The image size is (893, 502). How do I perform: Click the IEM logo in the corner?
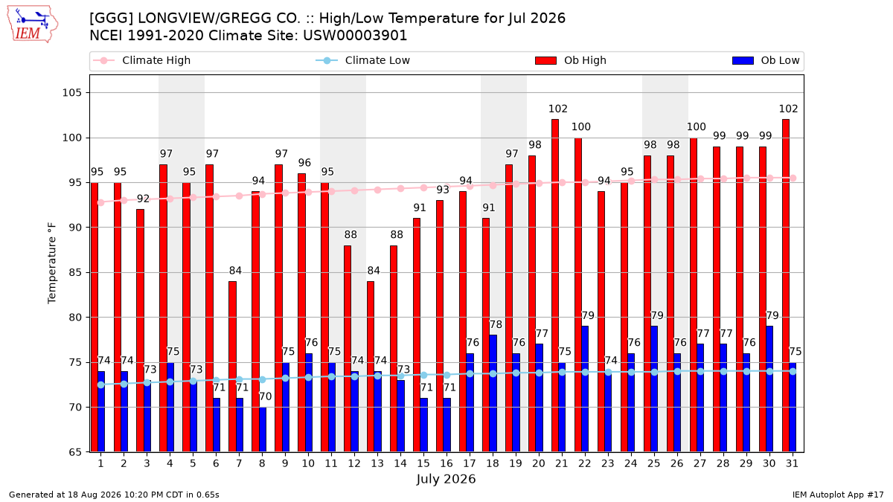tap(33, 24)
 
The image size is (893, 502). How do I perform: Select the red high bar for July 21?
tap(555, 286)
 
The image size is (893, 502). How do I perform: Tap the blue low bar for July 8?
tap(262, 430)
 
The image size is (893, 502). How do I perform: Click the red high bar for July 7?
tap(232, 367)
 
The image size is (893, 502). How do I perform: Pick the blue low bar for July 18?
tap(493, 393)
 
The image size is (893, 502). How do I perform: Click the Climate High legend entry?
tap(141, 60)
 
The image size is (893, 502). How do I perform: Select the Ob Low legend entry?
tap(766, 60)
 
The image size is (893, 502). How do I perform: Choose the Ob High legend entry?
tap(571, 60)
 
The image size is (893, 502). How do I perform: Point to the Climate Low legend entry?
tap(363, 60)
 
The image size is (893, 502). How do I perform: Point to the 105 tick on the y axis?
tap(71, 93)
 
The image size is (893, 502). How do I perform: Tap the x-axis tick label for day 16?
tap(446, 464)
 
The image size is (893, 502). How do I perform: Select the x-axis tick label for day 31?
tap(792, 464)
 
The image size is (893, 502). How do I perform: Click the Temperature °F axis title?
tap(52, 264)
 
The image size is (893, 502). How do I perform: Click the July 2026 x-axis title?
tap(446, 479)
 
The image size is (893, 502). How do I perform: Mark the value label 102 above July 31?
tap(789, 109)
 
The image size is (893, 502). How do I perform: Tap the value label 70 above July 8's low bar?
tap(266, 397)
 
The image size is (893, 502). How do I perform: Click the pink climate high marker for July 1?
tap(101, 203)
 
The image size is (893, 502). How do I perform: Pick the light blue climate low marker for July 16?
tap(447, 376)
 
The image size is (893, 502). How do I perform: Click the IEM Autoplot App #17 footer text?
tap(838, 495)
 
